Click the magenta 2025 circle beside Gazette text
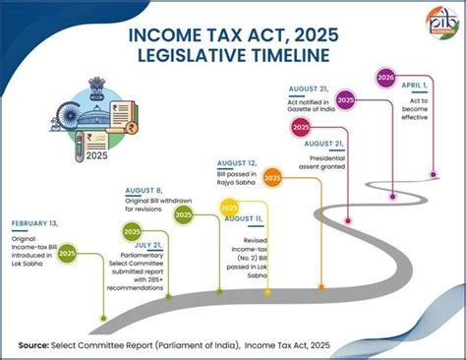coord(345,101)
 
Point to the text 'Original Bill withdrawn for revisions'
coord(155,206)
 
